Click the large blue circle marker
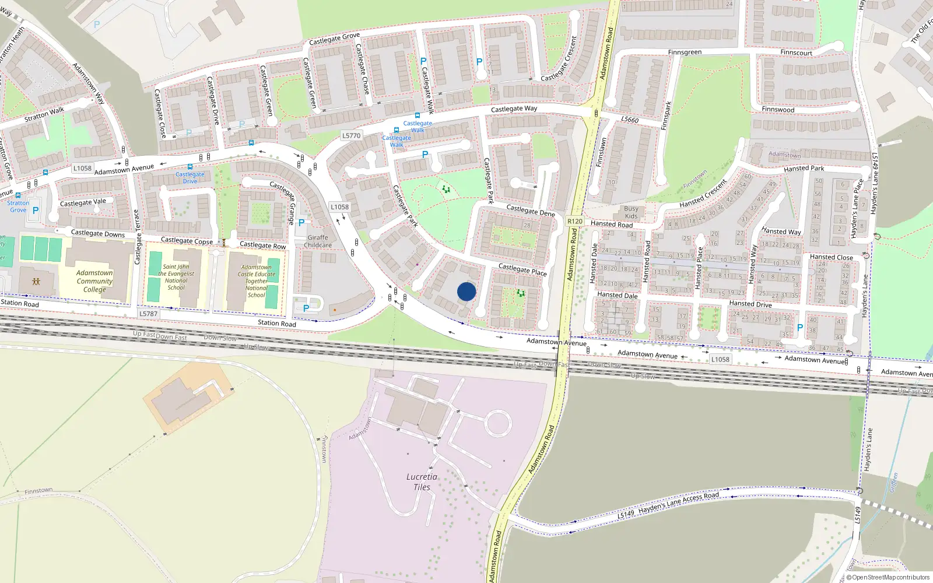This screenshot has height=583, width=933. point(466,291)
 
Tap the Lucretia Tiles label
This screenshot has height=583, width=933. point(422,482)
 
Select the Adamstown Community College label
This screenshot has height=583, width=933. point(94,281)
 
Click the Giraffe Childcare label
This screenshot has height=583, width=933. point(318,241)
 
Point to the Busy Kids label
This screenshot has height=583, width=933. point(631,212)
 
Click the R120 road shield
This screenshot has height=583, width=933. point(575,221)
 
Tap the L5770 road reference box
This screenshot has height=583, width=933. point(351,135)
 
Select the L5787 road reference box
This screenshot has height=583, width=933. point(148,314)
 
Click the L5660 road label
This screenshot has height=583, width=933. point(630,120)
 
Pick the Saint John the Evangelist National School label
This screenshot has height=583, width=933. point(176,277)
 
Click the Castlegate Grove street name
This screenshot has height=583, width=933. point(334,39)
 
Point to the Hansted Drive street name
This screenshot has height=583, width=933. point(750,304)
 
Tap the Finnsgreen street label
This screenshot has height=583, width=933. point(685,52)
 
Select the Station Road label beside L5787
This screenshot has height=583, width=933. point(276,323)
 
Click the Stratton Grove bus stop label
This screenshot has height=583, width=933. point(18,206)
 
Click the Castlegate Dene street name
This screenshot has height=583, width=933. point(530,210)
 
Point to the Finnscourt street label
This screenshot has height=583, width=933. point(796,52)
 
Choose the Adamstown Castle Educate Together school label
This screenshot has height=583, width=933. point(256,281)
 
